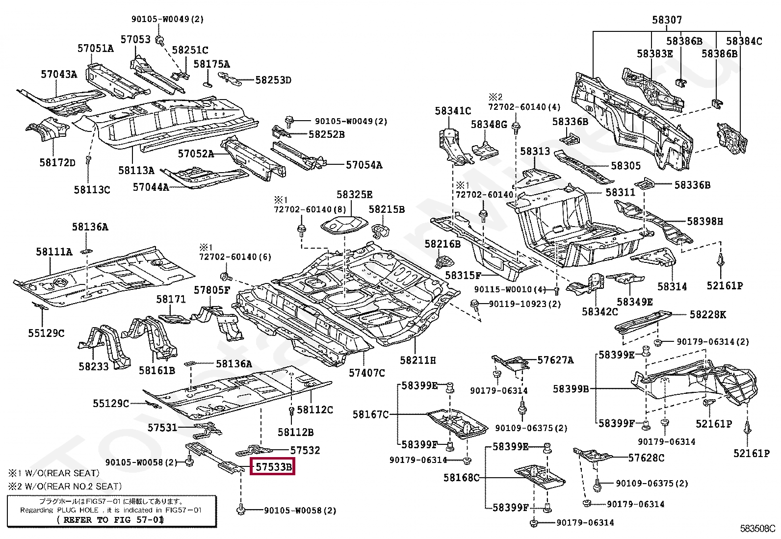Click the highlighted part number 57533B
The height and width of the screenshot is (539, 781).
273,467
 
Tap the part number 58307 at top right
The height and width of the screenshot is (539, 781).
667,20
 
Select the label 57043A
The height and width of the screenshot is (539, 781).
59,74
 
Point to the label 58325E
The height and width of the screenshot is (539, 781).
354,194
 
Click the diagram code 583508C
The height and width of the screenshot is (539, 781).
757,529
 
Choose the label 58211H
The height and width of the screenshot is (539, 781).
417,360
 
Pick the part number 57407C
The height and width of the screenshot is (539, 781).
367,373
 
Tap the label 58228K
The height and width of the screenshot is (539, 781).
708,314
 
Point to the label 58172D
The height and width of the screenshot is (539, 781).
57,162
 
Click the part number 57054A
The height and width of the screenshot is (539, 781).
364,165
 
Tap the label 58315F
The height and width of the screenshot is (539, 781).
463,276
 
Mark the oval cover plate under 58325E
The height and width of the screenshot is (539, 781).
344,225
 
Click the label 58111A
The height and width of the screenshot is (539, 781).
54,252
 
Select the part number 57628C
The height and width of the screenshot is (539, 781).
647,458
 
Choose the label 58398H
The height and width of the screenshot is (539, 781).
705,221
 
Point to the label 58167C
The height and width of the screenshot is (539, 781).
370,414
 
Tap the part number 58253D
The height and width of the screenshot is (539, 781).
273,80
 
